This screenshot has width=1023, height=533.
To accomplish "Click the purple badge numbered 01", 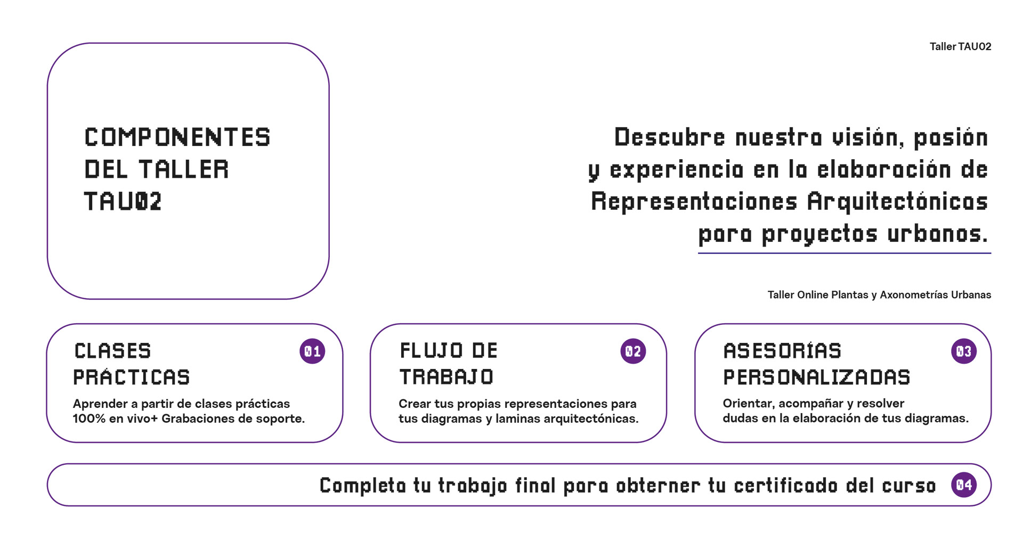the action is [312, 351].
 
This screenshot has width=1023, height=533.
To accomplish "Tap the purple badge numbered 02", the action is [633, 351].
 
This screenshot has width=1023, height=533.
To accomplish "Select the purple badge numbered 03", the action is [964, 351].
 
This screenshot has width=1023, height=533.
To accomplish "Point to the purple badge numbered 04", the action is [964, 485].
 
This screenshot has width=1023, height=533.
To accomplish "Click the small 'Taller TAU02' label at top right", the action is [960, 47].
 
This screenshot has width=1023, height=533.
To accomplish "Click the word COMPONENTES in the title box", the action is [177, 137].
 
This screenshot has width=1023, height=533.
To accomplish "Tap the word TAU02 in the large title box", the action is [123, 202].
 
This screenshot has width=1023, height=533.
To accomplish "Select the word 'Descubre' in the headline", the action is [669, 137].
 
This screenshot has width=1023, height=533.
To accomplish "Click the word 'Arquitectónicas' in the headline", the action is [897, 202].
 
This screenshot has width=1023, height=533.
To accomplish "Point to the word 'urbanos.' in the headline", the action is [937, 234].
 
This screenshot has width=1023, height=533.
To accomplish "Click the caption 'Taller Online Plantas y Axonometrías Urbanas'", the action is [879, 295].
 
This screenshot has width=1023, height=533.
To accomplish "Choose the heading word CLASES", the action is [113, 351].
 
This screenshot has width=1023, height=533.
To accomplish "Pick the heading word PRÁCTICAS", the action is [132, 377].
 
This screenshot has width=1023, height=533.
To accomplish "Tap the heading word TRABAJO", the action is [446, 377].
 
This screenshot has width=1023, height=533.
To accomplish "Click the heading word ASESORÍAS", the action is [782, 351].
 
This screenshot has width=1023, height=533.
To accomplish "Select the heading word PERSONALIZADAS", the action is [816, 377].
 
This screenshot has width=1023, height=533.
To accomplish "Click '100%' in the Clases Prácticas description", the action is [89, 419].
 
